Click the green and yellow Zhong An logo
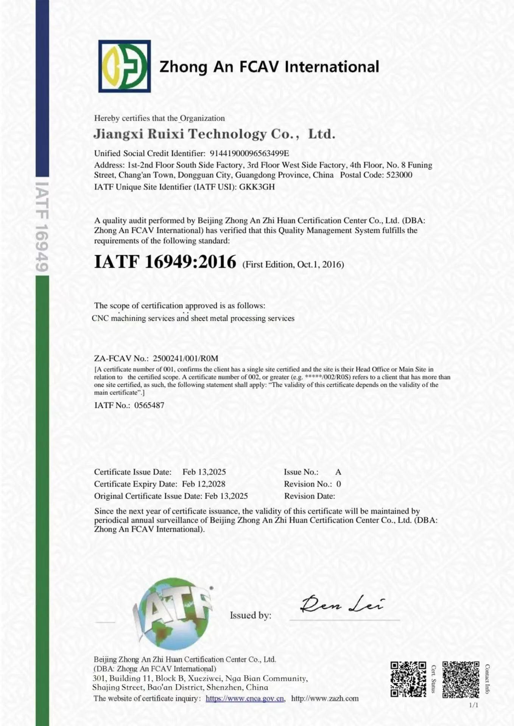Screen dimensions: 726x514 [x=125, y=66]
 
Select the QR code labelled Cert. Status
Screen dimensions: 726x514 [x=408, y=679]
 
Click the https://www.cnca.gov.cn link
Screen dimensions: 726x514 [x=245, y=698]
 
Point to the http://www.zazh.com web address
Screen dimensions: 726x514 [x=325, y=698]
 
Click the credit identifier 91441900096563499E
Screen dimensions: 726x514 [x=249, y=153]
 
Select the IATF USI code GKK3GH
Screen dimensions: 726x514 [x=257, y=187]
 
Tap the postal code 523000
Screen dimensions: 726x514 [x=399, y=175]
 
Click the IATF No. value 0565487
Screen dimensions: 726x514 [x=149, y=405]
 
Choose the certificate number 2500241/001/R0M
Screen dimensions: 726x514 [x=185, y=358]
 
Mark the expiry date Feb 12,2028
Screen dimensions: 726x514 [x=204, y=484]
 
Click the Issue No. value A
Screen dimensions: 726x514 [x=338, y=472]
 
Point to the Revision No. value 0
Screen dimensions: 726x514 [x=339, y=484]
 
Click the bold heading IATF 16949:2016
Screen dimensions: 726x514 [x=165, y=262]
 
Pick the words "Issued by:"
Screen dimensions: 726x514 [x=251, y=615]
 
